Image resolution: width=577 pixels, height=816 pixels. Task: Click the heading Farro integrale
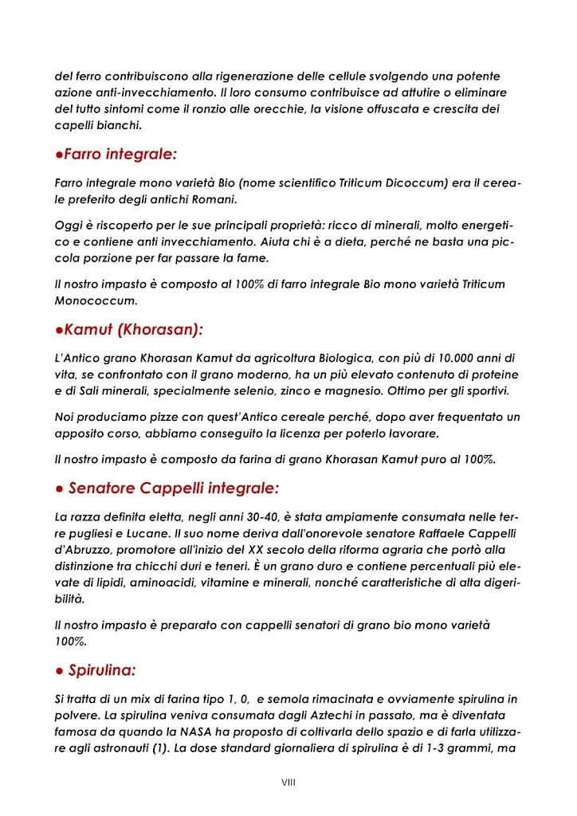120,154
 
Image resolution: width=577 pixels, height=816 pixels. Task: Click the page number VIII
288,783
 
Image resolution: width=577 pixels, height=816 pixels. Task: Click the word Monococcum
96,300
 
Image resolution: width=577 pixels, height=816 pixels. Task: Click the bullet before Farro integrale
58,155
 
